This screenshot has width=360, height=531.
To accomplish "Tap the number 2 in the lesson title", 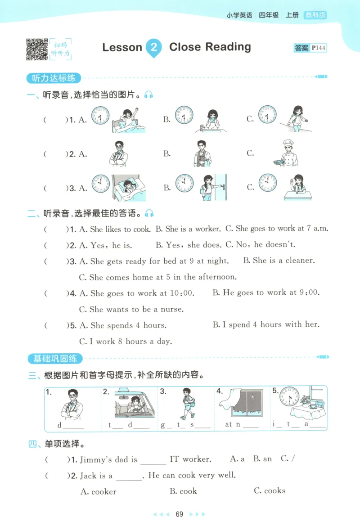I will point(153,47).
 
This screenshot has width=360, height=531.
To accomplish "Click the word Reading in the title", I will point(229,47).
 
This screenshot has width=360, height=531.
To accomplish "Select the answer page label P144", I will point(318,48).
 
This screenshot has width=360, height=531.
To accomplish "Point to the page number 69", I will point(180,514).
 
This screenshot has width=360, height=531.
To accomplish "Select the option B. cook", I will point(183,491).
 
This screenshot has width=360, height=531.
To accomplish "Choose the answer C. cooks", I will point(270,491).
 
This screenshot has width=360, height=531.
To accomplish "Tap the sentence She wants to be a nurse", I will point(131,309).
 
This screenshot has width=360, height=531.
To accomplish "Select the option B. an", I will point(262,459).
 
